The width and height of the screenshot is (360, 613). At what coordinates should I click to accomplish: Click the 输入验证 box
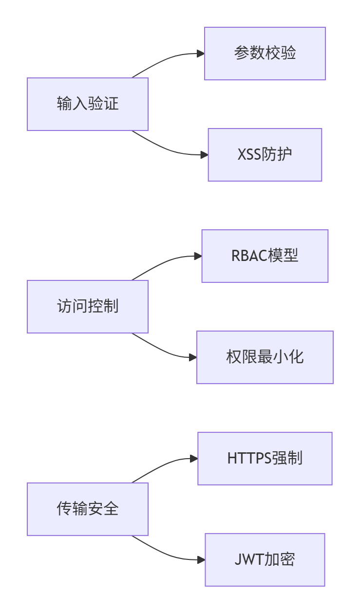click(88, 104)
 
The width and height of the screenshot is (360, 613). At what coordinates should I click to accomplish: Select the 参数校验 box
click(265, 54)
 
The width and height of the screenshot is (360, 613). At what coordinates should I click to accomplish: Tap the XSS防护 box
click(265, 155)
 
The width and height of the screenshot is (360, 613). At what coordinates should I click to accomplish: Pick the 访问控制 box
click(88, 307)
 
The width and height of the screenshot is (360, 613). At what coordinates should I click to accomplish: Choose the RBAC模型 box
click(265, 256)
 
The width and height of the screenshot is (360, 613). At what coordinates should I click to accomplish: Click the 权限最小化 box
click(265, 357)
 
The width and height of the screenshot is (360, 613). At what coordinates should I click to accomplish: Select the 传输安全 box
click(88, 509)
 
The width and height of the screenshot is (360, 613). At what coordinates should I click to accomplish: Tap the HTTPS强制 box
click(265, 459)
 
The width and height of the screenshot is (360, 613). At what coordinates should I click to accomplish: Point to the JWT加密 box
click(265, 560)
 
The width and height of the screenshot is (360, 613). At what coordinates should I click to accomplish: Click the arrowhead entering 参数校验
click(201, 54)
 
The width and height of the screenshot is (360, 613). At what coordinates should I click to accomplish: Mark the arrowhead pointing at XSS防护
click(205, 155)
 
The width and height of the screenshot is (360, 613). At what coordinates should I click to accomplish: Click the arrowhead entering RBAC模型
click(198, 256)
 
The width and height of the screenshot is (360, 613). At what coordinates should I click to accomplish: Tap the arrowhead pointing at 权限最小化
click(193, 357)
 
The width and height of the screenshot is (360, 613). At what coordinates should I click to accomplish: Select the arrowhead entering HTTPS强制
click(194, 459)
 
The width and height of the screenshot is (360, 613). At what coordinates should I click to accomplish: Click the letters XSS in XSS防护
click(249, 154)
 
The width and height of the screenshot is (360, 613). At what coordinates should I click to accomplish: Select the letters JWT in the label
click(249, 559)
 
